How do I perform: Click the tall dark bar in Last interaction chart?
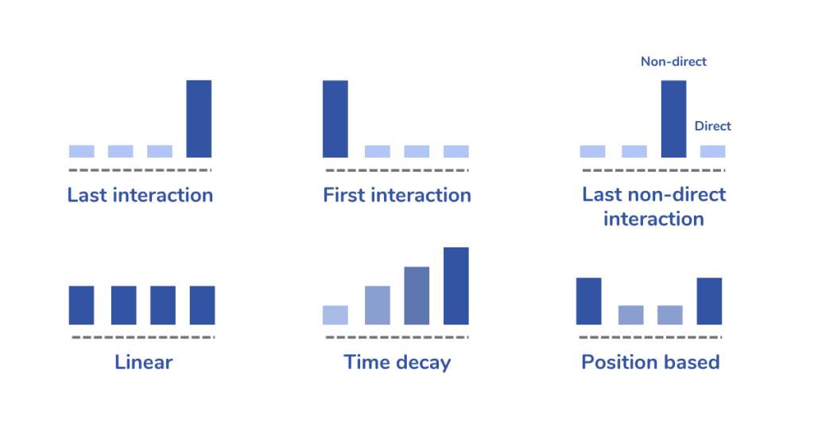(x=199, y=119)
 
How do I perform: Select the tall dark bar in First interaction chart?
(x=335, y=119)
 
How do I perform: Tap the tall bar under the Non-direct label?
(x=673, y=119)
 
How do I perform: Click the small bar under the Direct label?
(x=713, y=151)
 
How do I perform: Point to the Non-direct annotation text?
(x=673, y=61)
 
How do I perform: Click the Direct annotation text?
(x=712, y=126)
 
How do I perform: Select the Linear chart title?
(x=144, y=363)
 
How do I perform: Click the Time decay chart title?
(x=397, y=363)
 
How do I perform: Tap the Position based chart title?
(x=650, y=363)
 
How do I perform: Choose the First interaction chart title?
(x=397, y=195)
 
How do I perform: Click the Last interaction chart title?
(x=140, y=195)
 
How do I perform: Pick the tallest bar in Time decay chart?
(x=456, y=286)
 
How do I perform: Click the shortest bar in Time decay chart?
(x=335, y=315)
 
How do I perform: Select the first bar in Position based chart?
(x=588, y=301)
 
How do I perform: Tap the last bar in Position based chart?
(x=709, y=301)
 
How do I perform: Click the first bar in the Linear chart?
(x=81, y=305)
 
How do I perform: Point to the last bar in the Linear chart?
(x=202, y=305)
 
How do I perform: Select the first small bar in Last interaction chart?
(x=81, y=151)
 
